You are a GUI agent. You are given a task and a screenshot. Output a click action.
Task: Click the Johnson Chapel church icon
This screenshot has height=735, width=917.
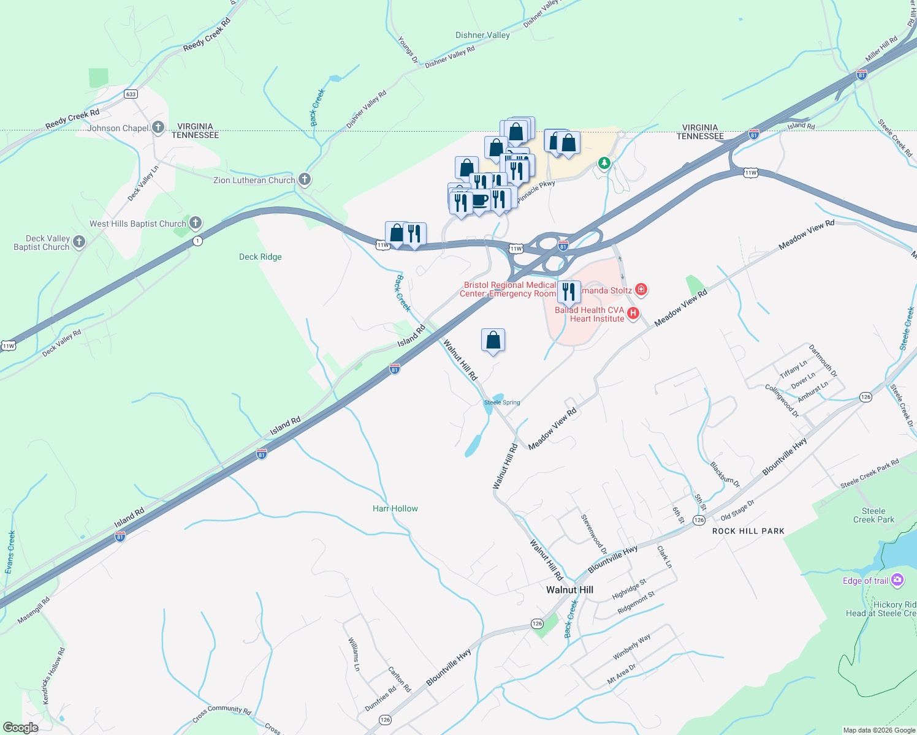pos(158,127)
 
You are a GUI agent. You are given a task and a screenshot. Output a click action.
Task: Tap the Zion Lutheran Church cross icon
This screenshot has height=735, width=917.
pos(305,179)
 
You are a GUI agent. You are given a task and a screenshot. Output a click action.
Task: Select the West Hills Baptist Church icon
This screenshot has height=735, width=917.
pos(196,223)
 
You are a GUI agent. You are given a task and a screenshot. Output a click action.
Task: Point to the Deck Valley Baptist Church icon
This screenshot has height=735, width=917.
pos(79,242)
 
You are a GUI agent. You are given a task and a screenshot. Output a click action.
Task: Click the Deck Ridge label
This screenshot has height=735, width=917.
pos(261,257)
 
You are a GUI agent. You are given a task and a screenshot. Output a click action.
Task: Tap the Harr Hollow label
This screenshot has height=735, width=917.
pos(395,508)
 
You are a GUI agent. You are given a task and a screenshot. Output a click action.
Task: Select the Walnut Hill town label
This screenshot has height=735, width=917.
pos(569,590)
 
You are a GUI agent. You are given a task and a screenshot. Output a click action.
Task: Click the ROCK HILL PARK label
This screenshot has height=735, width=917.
pos(748,531)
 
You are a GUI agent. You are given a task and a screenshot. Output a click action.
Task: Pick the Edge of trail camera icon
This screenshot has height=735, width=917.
pos(897,579)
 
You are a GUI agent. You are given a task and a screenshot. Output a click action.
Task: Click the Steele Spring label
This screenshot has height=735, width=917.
pos(502,402)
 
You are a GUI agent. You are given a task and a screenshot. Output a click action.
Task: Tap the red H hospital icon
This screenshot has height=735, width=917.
pos(633,314)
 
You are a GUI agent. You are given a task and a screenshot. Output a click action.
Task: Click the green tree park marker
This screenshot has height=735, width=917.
pos(604,163)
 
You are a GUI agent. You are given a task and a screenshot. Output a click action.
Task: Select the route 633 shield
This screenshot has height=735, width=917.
pos(131,94)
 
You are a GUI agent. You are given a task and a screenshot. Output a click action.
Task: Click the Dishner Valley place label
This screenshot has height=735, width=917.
pos(482,35)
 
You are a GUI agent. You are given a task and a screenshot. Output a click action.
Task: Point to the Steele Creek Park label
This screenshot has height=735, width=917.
pos(873,515)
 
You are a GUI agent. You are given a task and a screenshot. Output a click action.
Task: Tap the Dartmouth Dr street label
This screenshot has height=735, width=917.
pos(823,360)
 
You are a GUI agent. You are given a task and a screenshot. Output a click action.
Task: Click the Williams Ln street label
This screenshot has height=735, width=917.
pos(354,654)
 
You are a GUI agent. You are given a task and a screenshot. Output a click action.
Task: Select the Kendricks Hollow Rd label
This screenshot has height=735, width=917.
pos(53,676)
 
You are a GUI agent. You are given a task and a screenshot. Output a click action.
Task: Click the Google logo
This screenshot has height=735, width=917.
pos(20,727)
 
